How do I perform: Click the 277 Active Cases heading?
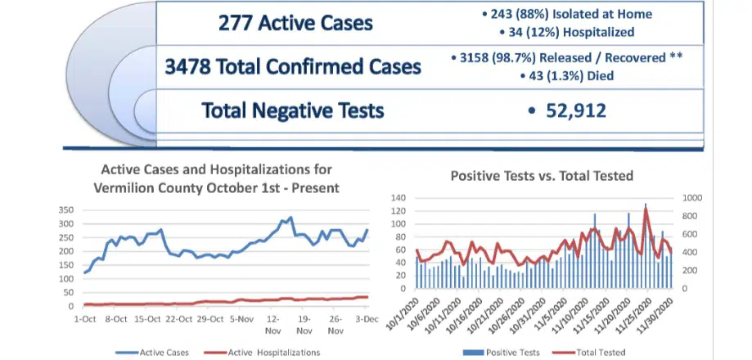(x=295, y=23)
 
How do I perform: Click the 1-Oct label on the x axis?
(x=84, y=318)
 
